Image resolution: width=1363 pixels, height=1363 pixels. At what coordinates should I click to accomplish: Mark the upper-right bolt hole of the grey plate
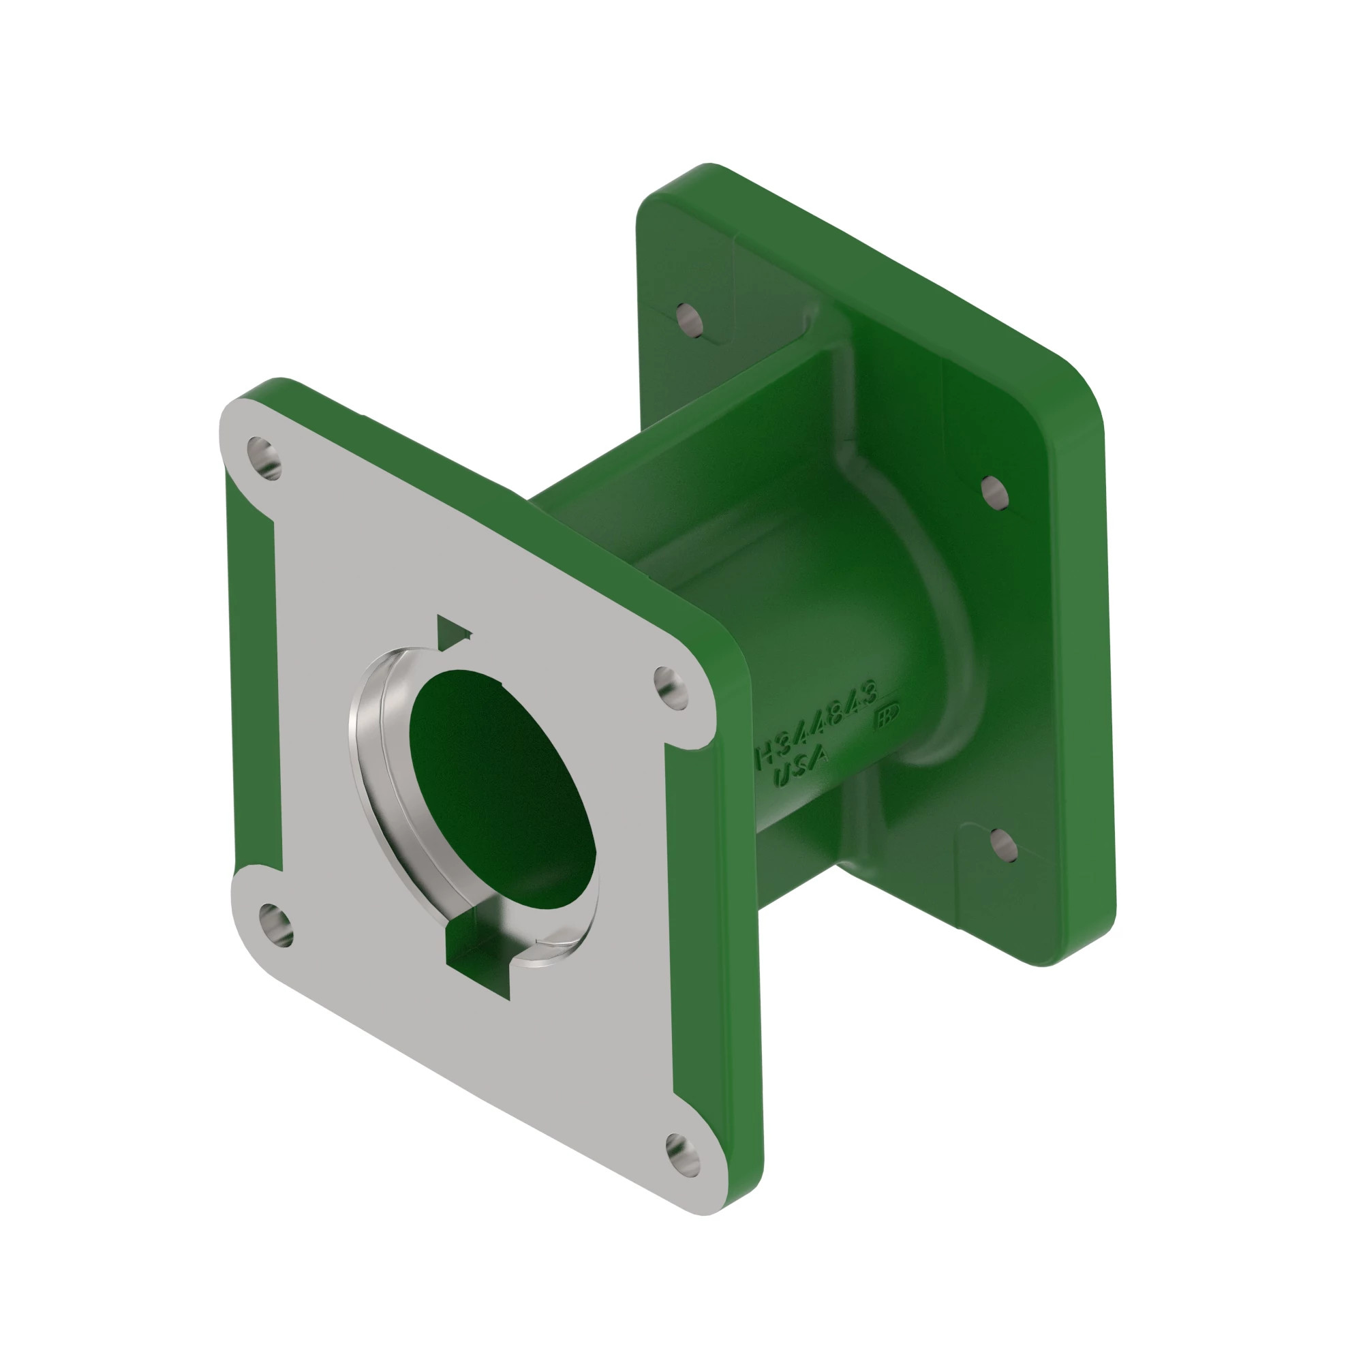click(671, 687)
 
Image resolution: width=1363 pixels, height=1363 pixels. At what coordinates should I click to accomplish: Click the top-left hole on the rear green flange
click(689, 320)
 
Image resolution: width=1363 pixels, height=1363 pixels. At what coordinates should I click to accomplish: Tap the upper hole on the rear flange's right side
click(994, 492)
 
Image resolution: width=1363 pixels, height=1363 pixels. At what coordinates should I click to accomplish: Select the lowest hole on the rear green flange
click(1003, 846)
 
